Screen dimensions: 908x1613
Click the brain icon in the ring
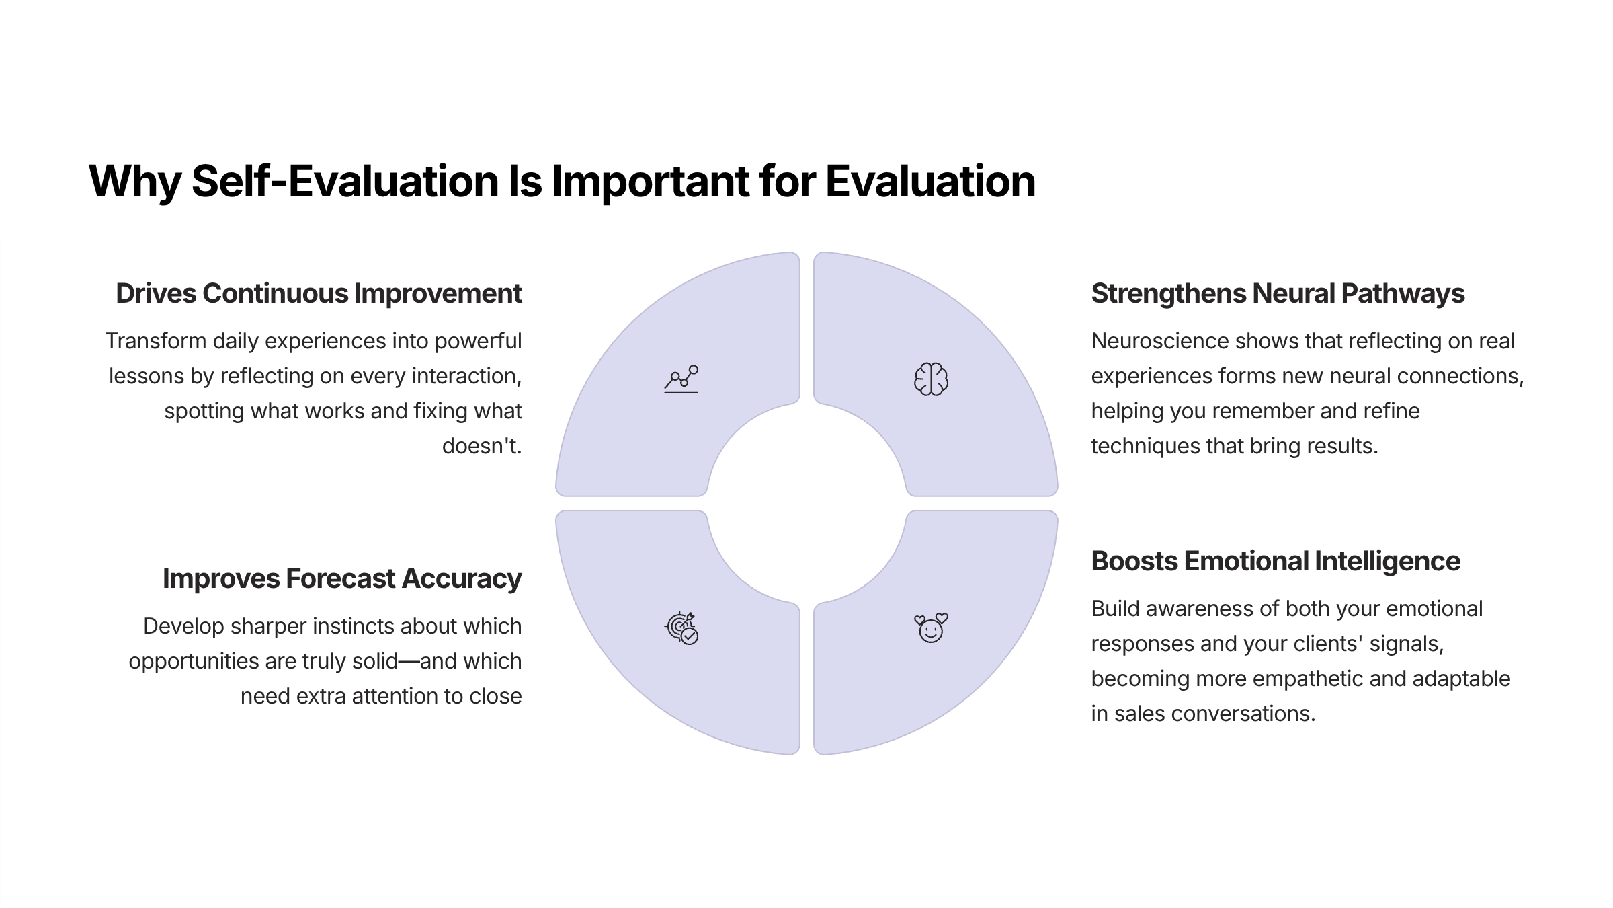tap(931, 379)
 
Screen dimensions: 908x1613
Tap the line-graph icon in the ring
tap(681, 379)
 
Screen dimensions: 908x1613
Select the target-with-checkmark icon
tap(681, 629)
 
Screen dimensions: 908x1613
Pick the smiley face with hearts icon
tap(931, 628)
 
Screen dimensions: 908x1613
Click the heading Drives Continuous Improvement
tap(319, 294)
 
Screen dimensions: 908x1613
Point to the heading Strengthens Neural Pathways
tap(1278, 294)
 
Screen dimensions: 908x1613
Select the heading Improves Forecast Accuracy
tap(341, 579)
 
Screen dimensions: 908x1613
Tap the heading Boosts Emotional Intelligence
tap(1276, 562)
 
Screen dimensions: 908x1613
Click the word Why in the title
tap(134, 182)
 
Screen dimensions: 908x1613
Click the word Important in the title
tap(650, 182)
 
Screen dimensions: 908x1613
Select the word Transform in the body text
tap(155, 341)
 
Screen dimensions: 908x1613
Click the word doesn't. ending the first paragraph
tap(481, 446)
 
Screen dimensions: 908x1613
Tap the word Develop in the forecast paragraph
tap(183, 626)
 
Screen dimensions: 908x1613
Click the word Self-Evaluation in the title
tap(345, 182)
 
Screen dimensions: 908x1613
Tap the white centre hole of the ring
tap(806, 503)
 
